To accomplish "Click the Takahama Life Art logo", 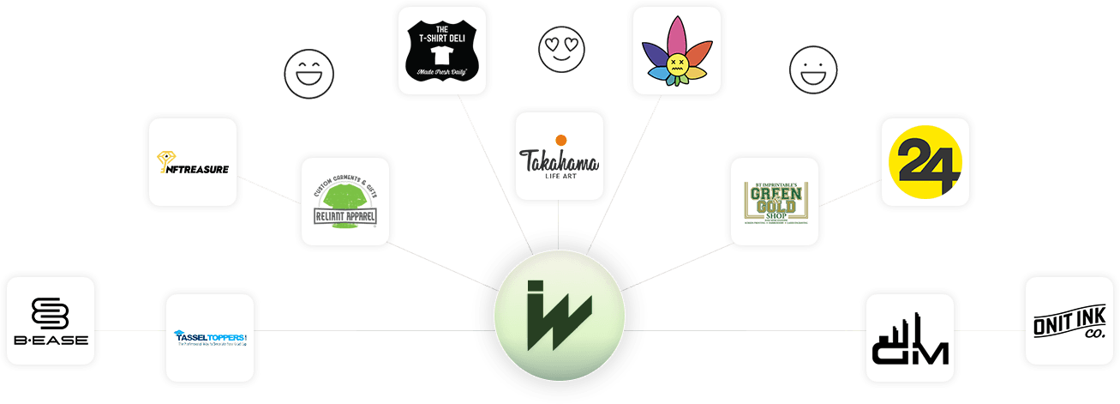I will pyautogui.click(x=559, y=154).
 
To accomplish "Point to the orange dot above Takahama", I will pyautogui.click(x=560, y=139).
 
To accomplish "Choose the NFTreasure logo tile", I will pyautogui.click(x=193, y=163).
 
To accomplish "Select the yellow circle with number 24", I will pyautogui.click(x=924, y=162).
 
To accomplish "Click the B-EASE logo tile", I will pyautogui.click(x=50, y=321).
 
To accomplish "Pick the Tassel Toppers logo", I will pyautogui.click(x=210, y=336).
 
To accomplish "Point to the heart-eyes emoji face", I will pyautogui.click(x=557, y=47).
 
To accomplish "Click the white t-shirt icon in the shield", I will pyautogui.click(x=443, y=51).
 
